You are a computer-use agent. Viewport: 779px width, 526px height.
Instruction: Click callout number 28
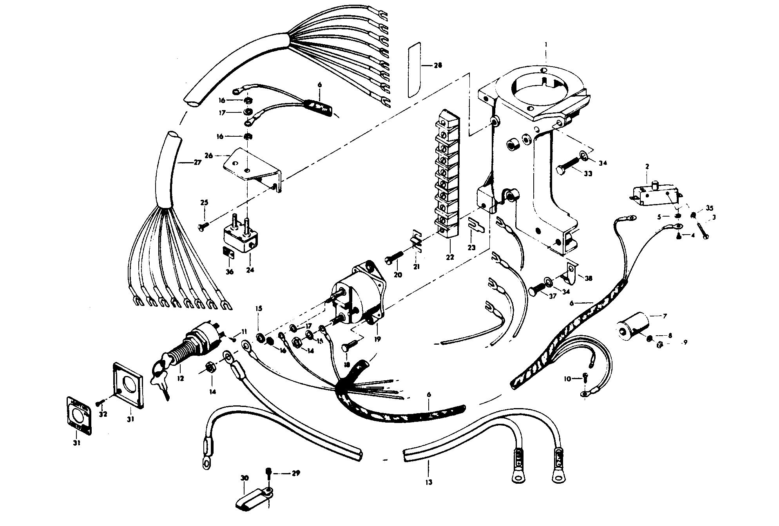(438, 65)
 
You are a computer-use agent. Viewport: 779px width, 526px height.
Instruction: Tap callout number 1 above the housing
(546, 45)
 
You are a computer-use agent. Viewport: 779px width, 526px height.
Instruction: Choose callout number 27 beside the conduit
(197, 162)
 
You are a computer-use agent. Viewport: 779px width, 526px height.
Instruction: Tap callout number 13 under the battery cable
(429, 482)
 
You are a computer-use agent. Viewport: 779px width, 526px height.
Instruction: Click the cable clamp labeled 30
(255, 499)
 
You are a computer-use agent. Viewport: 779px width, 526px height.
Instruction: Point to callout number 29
(296, 474)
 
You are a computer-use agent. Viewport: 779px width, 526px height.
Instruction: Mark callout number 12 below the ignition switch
(180, 379)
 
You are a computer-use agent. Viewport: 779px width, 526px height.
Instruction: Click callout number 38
(588, 278)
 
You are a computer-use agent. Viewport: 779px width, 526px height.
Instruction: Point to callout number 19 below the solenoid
(377, 340)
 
